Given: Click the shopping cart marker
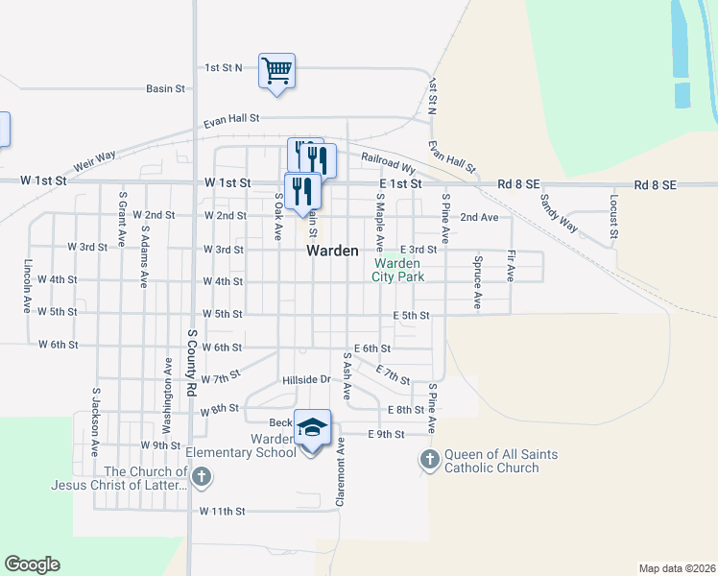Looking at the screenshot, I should pos(276,70).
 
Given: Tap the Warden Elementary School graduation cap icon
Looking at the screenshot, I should pos(312,427).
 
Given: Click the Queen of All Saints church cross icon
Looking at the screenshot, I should pos(429,461).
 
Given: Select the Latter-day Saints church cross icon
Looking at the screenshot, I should pos(201,477).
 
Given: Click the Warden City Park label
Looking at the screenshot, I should pos(398,269).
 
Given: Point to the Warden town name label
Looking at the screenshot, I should pos(332,251).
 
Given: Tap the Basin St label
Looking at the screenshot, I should pos(165,88).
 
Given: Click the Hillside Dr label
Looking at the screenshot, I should pos(306,379).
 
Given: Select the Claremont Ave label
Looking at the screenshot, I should pos(340,472).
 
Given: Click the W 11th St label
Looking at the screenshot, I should pos(223,512).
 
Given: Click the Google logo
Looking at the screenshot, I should pos(32,564).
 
